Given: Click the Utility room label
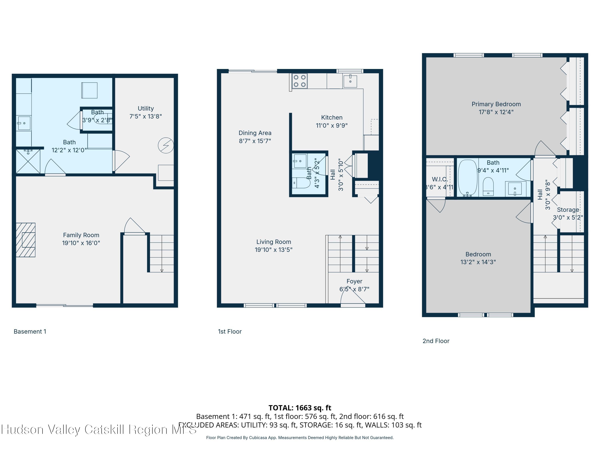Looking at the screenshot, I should (x=146, y=108).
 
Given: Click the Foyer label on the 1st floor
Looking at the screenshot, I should (x=354, y=281).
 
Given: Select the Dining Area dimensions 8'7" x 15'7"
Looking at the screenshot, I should (x=255, y=141).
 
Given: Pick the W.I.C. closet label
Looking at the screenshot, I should (x=439, y=179).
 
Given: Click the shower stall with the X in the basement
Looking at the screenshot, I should (x=28, y=161).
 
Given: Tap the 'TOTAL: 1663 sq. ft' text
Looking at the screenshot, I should (x=300, y=408).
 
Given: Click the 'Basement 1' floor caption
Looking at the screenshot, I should (x=30, y=331).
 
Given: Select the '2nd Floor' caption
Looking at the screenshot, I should (x=436, y=341).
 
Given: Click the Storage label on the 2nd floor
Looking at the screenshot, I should (x=568, y=210).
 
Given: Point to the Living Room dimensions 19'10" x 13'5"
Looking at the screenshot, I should (x=273, y=250).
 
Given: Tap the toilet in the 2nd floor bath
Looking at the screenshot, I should (x=488, y=186).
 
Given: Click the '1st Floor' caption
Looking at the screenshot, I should (x=230, y=331).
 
